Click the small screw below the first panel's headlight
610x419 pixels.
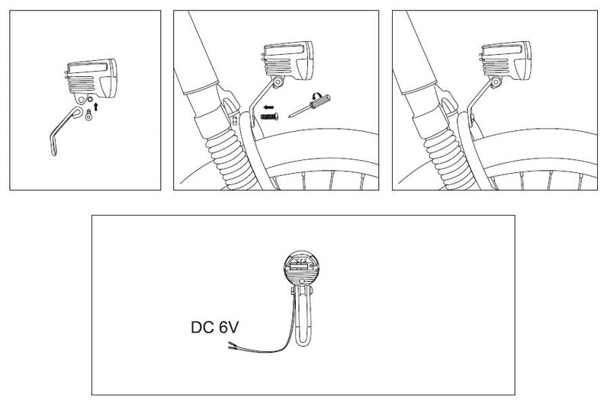(x=88, y=116)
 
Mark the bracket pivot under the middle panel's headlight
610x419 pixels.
(x=280, y=81)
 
